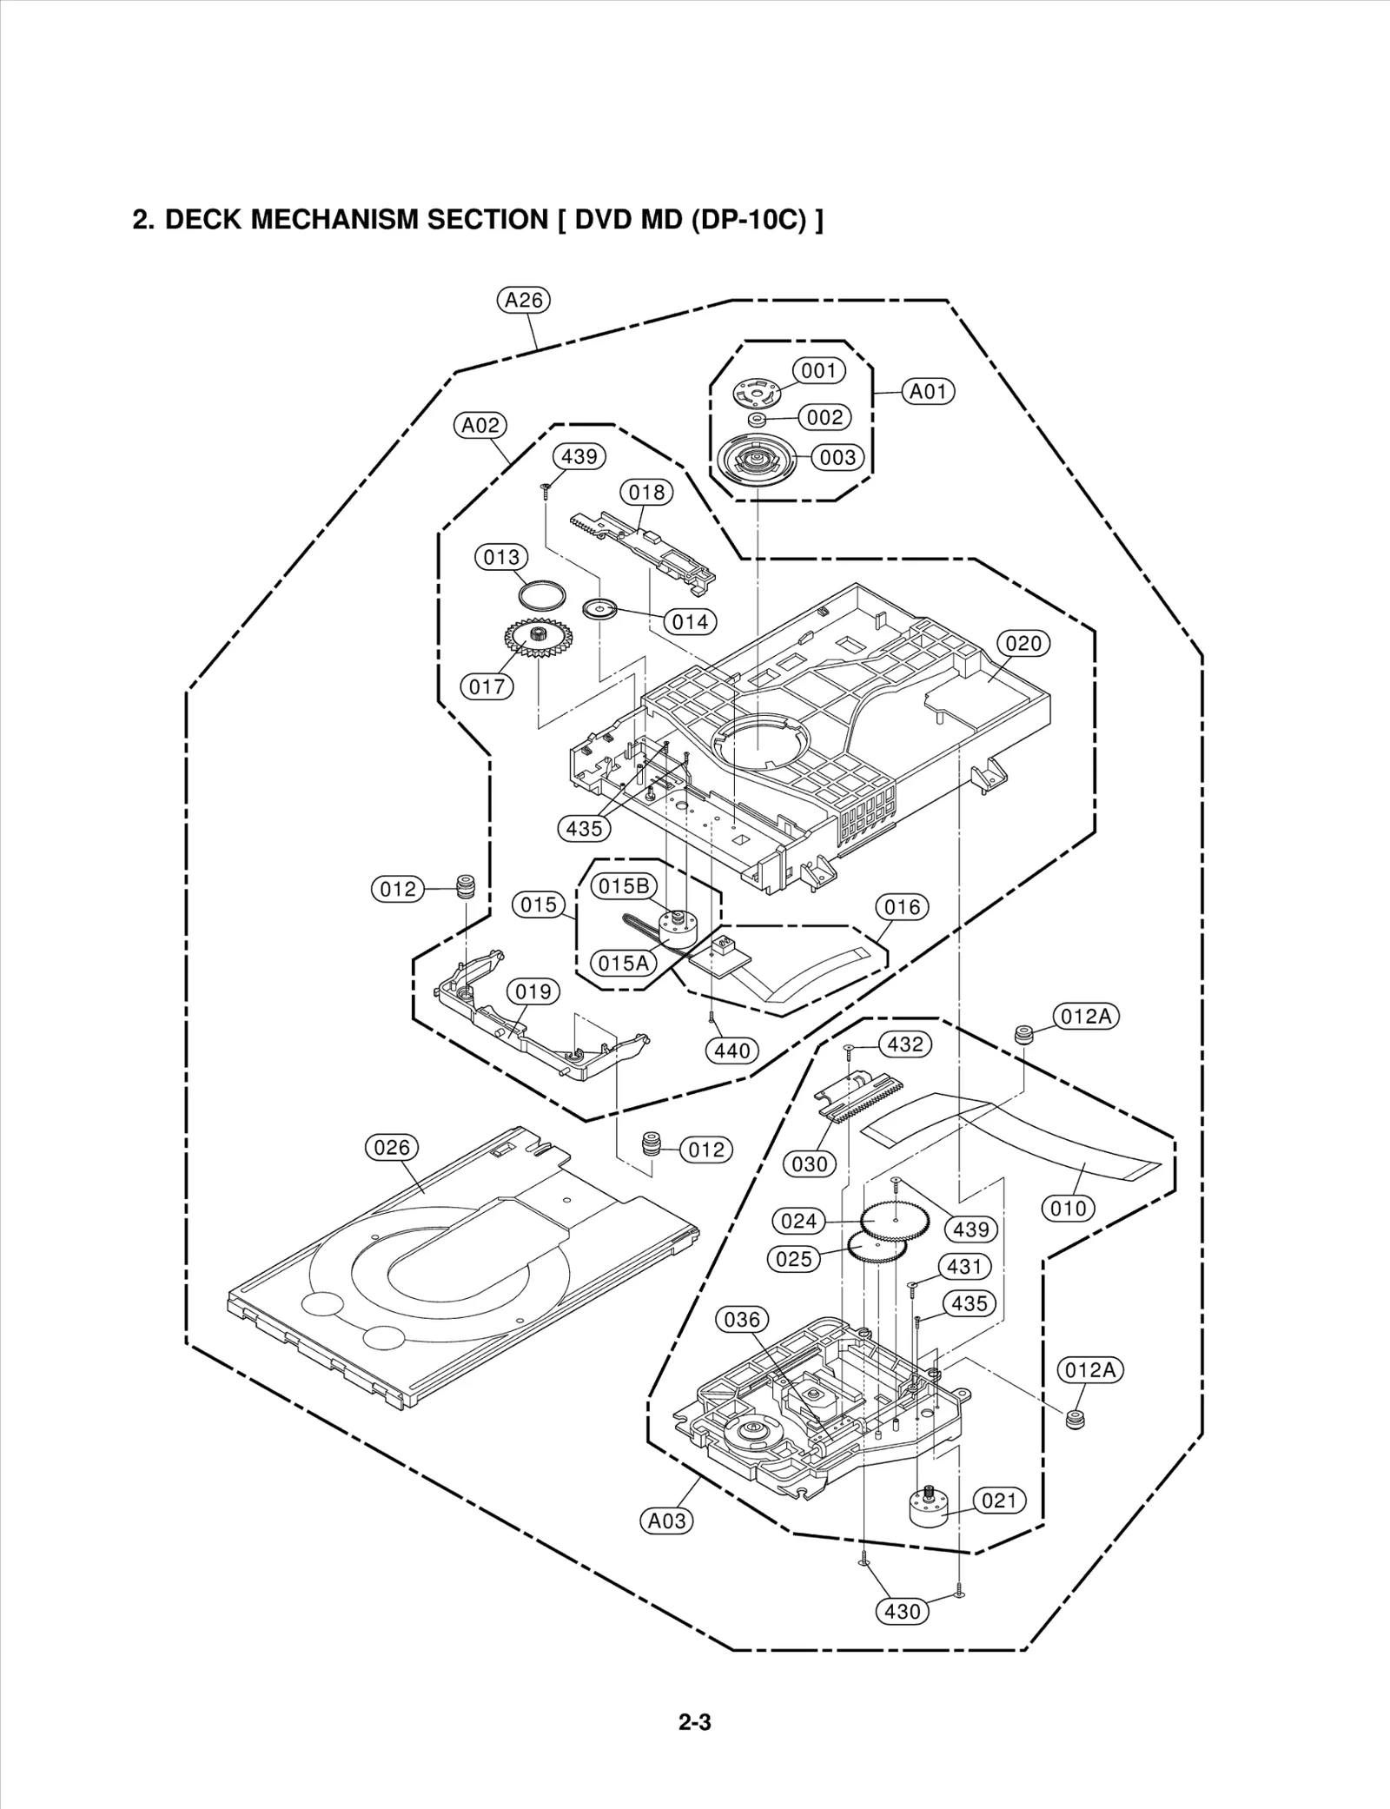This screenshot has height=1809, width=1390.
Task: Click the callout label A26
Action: pos(524,301)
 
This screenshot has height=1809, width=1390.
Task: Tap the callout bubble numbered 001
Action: pos(818,371)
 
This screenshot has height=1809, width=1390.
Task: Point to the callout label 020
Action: pos(1023,643)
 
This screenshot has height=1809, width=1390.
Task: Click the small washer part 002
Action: pos(758,420)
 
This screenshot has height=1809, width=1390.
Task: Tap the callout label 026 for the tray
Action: pos(391,1147)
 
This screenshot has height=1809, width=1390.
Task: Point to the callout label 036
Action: pos(742,1319)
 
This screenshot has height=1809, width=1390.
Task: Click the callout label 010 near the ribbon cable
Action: pos(1068,1208)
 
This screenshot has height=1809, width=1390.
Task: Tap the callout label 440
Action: pos(732,1050)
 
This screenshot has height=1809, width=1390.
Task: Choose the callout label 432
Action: pos(905,1044)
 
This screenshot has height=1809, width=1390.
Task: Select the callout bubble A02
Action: pos(480,426)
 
